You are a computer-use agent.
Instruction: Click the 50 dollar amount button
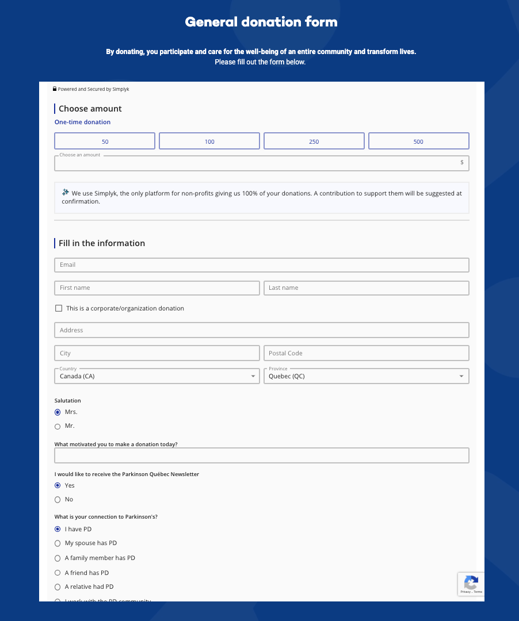(105, 141)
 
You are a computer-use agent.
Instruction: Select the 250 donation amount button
(314, 141)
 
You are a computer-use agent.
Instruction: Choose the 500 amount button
(418, 141)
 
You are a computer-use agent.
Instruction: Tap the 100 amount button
(209, 141)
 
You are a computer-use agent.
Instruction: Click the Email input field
(261, 265)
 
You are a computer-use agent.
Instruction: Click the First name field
(157, 288)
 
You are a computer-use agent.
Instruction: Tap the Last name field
(366, 288)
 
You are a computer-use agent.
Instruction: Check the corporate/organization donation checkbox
(59, 309)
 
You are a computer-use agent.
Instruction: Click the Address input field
(261, 331)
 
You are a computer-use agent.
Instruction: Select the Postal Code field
(366, 354)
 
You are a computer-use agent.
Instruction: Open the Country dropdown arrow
(253, 377)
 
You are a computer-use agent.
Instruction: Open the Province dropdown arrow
(461, 377)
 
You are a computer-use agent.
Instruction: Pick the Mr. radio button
(58, 427)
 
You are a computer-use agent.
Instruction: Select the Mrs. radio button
(58, 412)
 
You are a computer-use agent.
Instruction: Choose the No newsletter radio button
(58, 500)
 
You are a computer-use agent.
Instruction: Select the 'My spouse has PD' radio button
(58, 543)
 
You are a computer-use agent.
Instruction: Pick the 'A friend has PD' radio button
(58, 573)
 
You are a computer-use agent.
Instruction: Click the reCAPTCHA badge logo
(471, 581)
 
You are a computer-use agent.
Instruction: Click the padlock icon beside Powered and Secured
(55, 89)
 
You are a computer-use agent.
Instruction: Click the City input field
(157, 354)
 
